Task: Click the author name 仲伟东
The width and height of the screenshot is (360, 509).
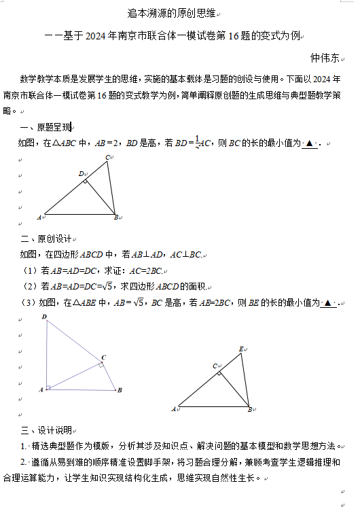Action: (324, 58)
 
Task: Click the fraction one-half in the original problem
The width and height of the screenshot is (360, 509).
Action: (198, 143)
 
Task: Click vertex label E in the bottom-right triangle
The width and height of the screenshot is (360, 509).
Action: (241, 349)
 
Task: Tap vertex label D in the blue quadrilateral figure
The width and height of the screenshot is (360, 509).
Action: (44, 317)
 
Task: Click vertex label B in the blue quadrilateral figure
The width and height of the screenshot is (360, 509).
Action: (120, 390)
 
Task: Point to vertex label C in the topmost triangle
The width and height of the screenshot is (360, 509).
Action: (107, 158)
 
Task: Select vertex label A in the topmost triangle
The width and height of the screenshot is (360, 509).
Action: (39, 217)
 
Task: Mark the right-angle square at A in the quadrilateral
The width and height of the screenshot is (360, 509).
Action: (48, 387)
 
